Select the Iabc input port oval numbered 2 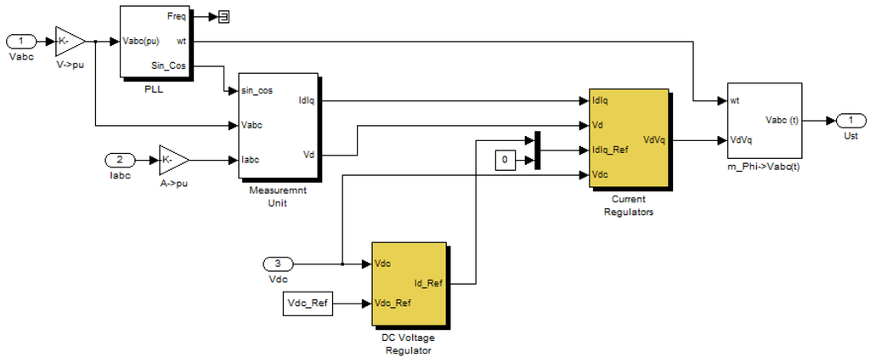(120, 159)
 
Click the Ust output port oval (850, 120)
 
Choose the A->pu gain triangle (173, 159)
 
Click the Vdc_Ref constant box (308, 302)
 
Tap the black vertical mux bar (536, 150)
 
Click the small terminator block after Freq (223, 15)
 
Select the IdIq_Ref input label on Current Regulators (609, 150)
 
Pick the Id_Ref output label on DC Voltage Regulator (427, 283)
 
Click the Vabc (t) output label (782, 120)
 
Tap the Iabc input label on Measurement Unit (251, 159)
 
